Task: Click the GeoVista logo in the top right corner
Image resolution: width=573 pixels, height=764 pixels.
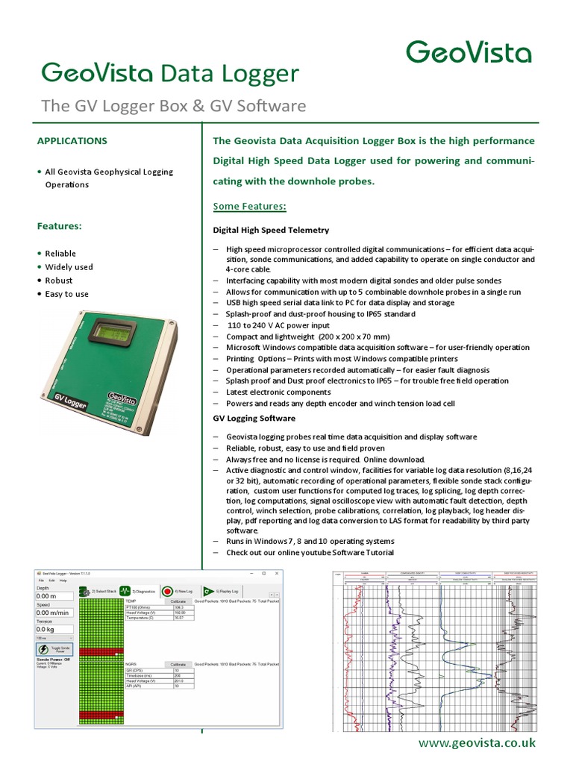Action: coord(469,52)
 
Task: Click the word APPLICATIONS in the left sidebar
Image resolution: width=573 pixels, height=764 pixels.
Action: coord(72,140)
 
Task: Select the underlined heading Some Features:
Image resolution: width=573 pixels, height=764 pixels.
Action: coord(250,206)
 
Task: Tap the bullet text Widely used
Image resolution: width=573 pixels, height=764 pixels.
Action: coord(69,267)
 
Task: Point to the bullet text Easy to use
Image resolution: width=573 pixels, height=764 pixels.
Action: coord(66,294)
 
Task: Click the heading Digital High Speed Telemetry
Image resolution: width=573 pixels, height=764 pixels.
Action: coord(271,231)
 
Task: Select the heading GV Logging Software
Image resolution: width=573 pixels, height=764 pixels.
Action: coord(254,419)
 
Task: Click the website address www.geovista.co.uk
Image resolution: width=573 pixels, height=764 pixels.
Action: coord(476,742)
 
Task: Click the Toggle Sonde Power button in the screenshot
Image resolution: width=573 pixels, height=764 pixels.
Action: coord(54,650)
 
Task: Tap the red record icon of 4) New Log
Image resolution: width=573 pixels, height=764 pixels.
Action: coord(168,591)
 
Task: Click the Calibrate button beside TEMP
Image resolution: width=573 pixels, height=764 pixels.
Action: coord(178,601)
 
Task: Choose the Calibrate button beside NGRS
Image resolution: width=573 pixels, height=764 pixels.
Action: coord(178,663)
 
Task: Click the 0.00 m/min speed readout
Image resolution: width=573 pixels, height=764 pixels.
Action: coord(54,613)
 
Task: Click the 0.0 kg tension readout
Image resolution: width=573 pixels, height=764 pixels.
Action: coord(54,629)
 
